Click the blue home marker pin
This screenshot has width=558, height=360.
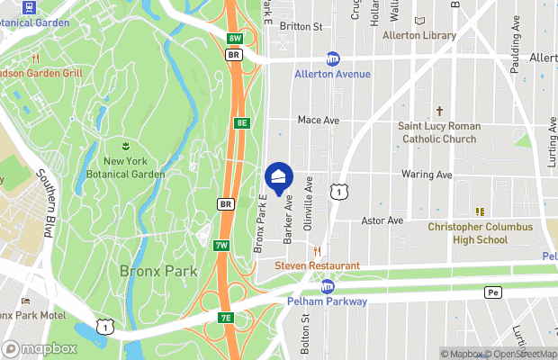(x=279, y=176)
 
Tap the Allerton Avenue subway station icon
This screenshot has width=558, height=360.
(x=333, y=58)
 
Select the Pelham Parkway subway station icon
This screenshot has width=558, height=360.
(x=328, y=286)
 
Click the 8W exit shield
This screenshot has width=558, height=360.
(x=235, y=38)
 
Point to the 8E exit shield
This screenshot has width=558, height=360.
(x=240, y=121)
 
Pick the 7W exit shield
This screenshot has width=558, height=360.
(x=222, y=245)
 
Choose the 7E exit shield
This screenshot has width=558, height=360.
(x=226, y=318)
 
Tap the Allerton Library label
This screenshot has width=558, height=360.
(x=418, y=36)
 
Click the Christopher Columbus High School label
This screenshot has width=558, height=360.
(x=480, y=234)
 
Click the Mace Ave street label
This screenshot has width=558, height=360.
(x=319, y=120)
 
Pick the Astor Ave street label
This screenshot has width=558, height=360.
(x=382, y=220)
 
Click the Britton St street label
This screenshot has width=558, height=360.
(x=301, y=27)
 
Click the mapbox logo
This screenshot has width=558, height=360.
(x=40, y=348)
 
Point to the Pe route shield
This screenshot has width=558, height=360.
(x=492, y=292)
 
